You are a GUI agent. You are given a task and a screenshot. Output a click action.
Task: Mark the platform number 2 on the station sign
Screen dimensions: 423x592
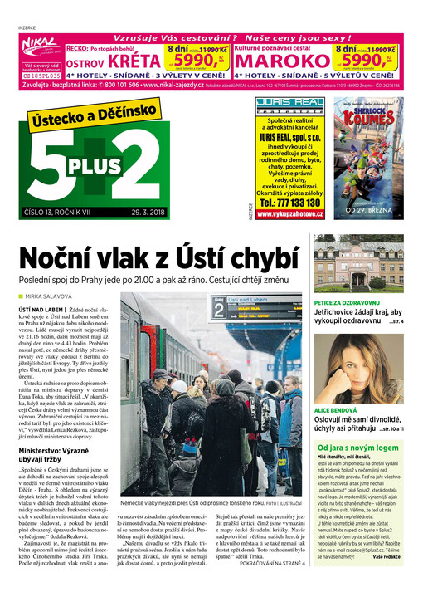(x=220, y=311)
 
